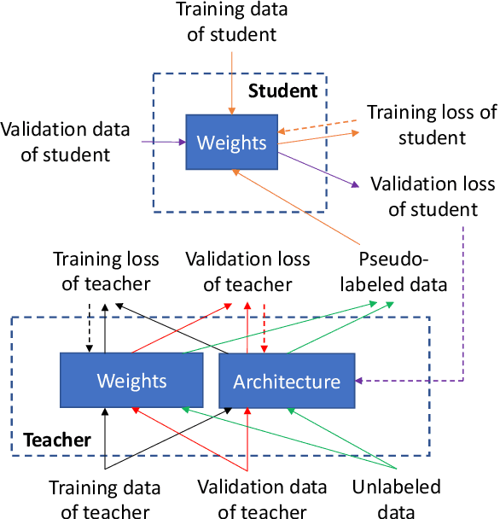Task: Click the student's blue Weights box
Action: pyautogui.click(x=232, y=142)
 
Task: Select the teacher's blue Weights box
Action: pyautogui.click(x=131, y=380)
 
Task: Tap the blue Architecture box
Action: pyautogui.click(x=287, y=381)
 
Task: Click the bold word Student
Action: pyautogui.click(x=282, y=91)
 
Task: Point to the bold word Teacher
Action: pyautogui.click(x=56, y=440)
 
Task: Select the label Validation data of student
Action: pyautogui.click(x=66, y=142)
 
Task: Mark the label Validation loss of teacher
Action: pyautogui.click(x=247, y=271)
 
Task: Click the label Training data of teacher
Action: pyautogui.click(x=104, y=499)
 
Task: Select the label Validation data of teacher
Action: pyautogui.click(x=261, y=499)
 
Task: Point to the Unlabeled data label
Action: pyautogui.click(x=396, y=499)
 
